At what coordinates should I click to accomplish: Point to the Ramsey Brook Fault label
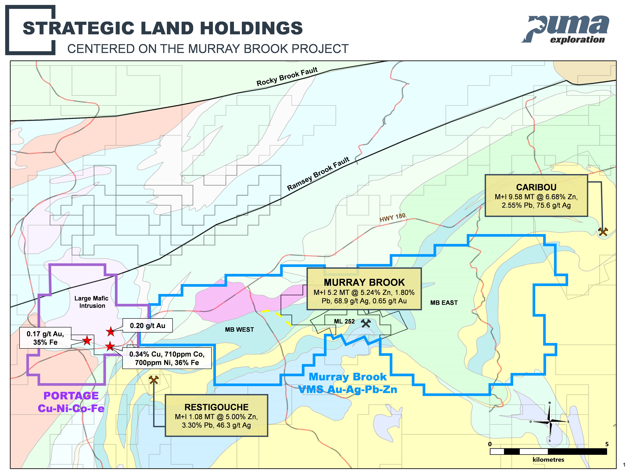318,174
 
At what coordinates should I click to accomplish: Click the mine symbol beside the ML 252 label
366,323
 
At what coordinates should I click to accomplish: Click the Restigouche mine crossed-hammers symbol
154,380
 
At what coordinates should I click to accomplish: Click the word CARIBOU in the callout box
536,187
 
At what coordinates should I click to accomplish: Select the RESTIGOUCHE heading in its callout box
216,407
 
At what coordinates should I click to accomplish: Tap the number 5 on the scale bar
607,444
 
